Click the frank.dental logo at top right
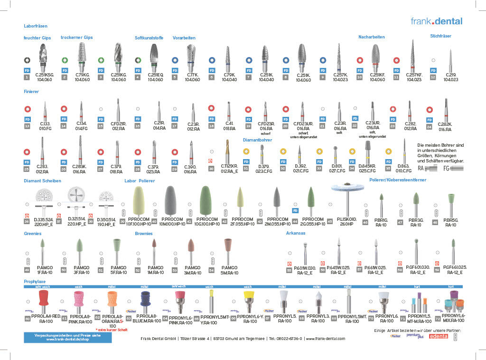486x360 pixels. (x=436, y=21)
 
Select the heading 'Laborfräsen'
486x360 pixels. (x=36, y=26)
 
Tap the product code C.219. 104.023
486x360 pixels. (x=450, y=77)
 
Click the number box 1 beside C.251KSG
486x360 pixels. (x=27, y=77)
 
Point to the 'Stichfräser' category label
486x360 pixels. (x=440, y=36)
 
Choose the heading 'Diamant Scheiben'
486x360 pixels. (x=43, y=181)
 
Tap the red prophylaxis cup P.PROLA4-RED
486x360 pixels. (x=43, y=299)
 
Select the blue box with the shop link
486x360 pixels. (x=67, y=337)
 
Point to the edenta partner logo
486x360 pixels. (x=438, y=336)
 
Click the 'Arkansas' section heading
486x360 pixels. (x=295, y=233)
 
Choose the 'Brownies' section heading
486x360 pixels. (x=144, y=233)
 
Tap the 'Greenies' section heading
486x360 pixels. (x=32, y=233)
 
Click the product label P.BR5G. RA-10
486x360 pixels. (x=450, y=223)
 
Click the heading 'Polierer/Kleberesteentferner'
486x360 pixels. (x=398, y=180)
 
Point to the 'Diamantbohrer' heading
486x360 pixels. (x=257, y=140)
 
